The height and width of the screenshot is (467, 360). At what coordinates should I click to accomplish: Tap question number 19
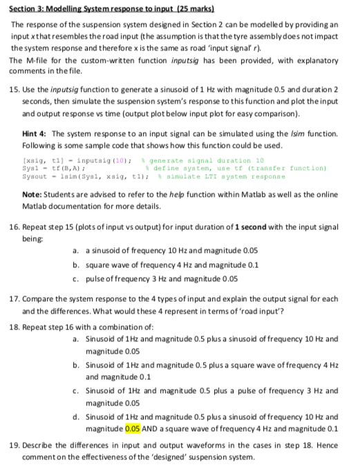click(15, 442)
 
